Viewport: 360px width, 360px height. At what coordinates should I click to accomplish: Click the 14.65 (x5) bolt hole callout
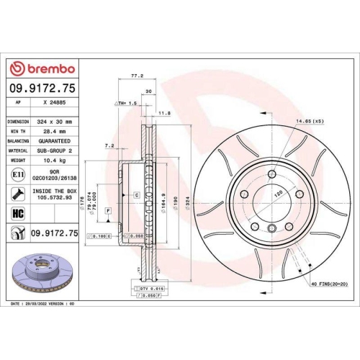point(307,121)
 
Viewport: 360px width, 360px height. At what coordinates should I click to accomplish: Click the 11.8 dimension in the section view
point(163,113)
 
